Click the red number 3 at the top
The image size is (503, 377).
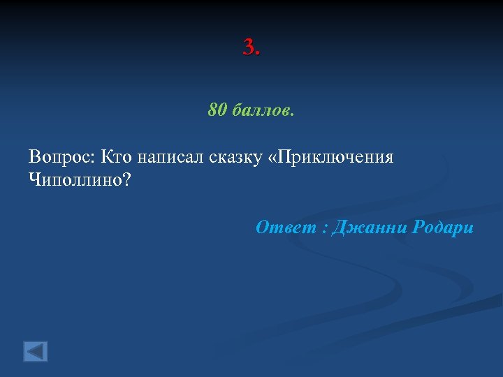[x=249, y=47]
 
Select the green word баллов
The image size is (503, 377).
[x=259, y=110]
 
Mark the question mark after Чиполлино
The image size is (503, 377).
[x=126, y=179]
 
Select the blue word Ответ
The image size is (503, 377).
[x=282, y=227]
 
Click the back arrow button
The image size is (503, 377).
[x=36, y=350]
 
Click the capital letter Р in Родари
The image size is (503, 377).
[x=419, y=227]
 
